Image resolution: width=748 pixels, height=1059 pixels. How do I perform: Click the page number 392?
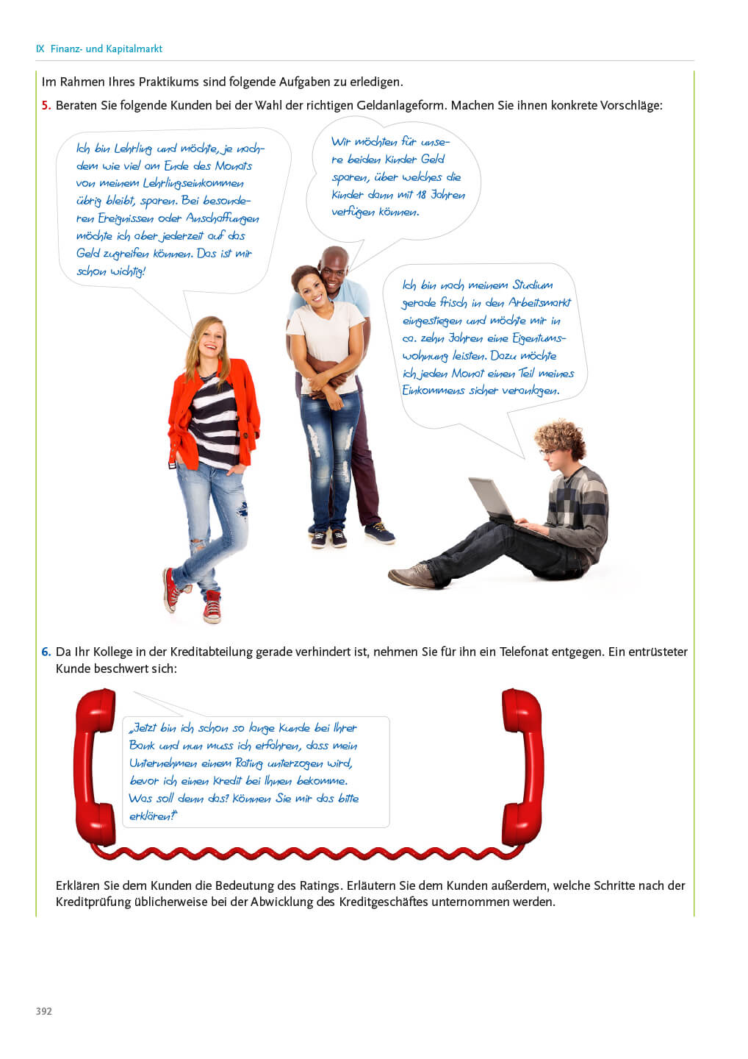click(x=44, y=1011)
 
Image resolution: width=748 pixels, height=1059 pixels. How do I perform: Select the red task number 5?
click(x=46, y=105)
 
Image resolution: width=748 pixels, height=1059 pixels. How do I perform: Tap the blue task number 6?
click(x=46, y=652)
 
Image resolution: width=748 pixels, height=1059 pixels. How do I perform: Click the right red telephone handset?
click(x=523, y=765)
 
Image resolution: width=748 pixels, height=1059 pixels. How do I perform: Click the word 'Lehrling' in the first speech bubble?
click(x=132, y=149)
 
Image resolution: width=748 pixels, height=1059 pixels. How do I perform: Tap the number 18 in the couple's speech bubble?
click(x=419, y=195)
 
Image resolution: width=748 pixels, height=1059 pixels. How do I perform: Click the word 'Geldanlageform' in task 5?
click(x=400, y=105)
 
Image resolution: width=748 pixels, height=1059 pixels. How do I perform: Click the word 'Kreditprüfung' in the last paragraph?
click(x=93, y=902)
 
